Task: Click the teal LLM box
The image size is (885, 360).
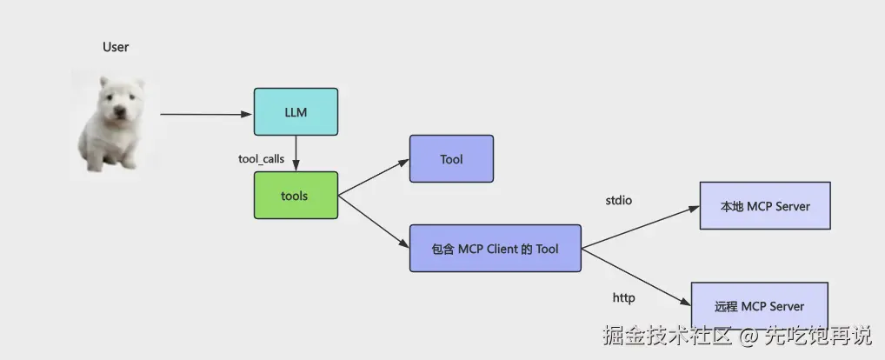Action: pos(296,111)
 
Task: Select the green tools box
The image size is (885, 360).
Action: pos(296,196)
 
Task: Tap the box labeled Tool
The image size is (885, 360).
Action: pos(451,158)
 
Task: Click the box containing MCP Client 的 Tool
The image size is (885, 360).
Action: pos(495,249)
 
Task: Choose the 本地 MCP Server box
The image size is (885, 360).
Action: pos(765,205)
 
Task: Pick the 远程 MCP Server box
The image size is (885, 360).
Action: pos(759,306)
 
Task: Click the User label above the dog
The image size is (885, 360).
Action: pos(116,48)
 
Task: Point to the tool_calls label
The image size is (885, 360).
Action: pos(262,159)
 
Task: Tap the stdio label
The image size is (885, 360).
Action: pos(619,200)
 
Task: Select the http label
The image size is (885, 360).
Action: pos(623,297)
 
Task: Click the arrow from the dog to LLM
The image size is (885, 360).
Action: pos(206,114)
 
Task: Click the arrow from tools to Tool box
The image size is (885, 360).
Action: pos(374,177)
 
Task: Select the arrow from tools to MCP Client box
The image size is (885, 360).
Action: pos(374,222)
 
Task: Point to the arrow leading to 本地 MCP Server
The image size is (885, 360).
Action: pos(641,228)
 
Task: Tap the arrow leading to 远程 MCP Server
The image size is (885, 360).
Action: pos(636,277)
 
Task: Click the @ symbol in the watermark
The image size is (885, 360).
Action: pos(749,337)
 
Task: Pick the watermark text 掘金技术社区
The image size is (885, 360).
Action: pos(668,337)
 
